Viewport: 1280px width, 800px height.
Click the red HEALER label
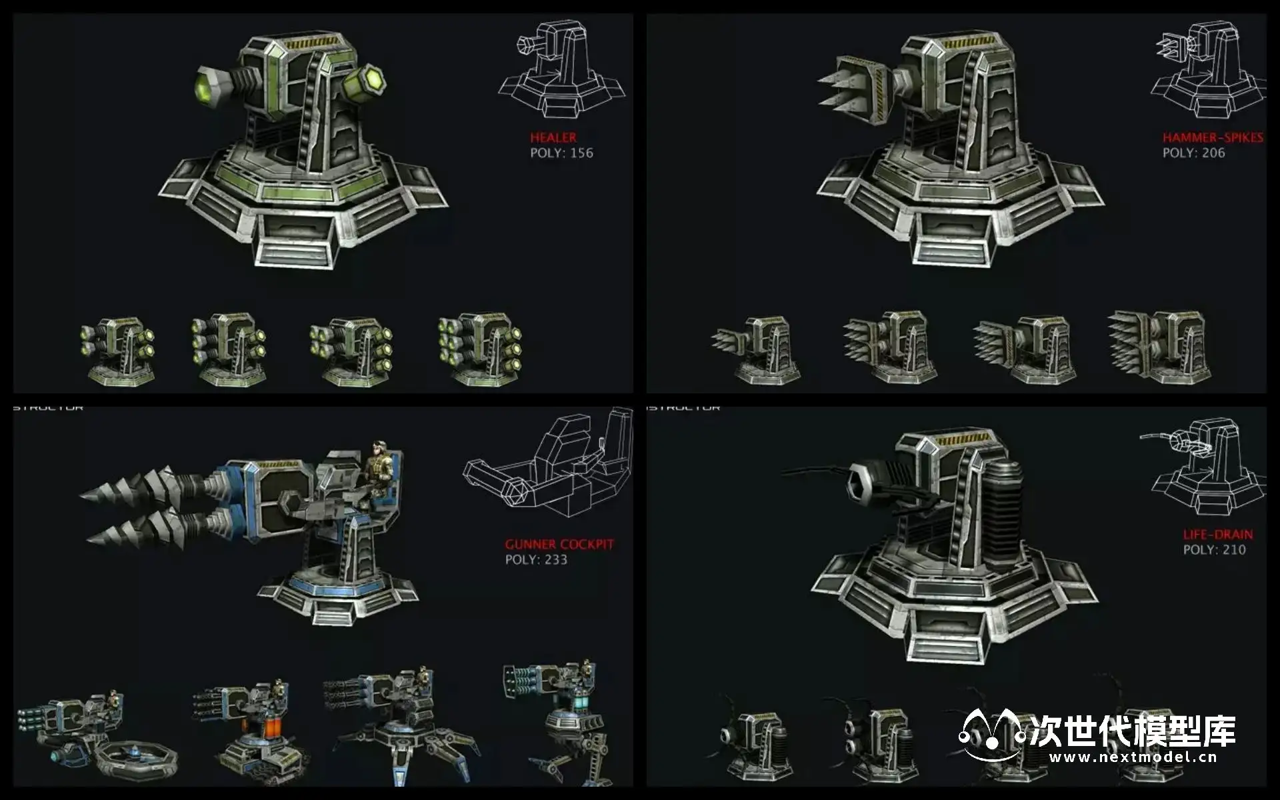553,137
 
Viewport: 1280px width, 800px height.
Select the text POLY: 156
561,153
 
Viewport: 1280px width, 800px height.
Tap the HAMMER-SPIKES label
1212,137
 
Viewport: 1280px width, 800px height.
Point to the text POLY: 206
1193,153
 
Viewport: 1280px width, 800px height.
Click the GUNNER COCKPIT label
559,544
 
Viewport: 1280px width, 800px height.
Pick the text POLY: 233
536,560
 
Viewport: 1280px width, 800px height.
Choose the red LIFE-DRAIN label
1217,534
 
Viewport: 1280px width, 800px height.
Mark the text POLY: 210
1214,550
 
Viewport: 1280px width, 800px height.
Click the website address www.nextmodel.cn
1133,757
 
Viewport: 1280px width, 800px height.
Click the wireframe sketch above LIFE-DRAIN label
1203,467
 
